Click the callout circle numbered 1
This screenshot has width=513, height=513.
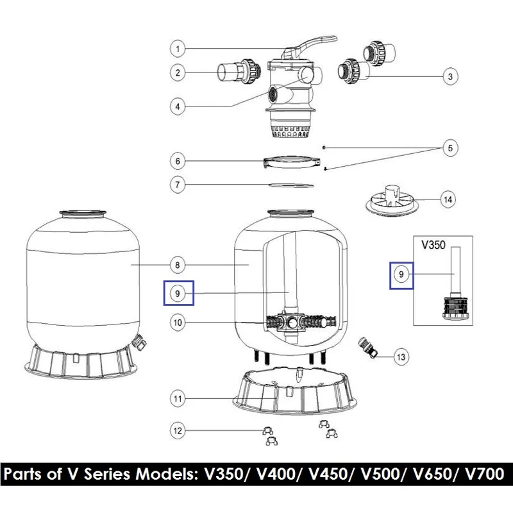[x=178, y=49]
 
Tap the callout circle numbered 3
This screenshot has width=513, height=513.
[x=450, y=76]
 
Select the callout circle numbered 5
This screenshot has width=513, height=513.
[x=450, y=148]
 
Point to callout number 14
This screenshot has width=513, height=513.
[x=448, y=199]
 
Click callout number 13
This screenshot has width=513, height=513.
[x=401, y=357]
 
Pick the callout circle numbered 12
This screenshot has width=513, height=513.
[x=178, y=430]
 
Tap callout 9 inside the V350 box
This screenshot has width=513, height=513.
[x=401, y=274]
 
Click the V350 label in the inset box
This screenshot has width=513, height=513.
[x=433, y=245]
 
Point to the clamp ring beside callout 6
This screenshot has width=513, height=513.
[x=292, y=162]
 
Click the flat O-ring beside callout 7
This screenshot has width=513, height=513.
[x=291, y=185]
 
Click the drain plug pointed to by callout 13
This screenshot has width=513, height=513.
[x=368, y=348]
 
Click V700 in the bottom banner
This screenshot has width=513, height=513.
[x=485, y=474]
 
